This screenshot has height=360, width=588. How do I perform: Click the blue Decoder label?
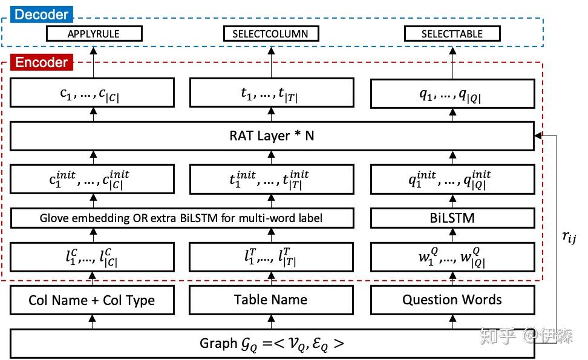point(42,14)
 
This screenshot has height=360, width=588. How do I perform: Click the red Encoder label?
point(41,62)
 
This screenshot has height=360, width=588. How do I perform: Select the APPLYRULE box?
point(94,34)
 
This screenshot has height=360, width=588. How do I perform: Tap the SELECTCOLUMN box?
point(270,34)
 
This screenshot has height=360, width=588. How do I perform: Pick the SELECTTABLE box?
point(452,34)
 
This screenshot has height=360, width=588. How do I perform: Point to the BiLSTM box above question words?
point(452,217)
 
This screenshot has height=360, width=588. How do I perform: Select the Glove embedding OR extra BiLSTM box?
point(182,217)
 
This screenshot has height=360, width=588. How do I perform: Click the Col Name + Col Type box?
point(92,300)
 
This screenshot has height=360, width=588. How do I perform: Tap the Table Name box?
point(270,300)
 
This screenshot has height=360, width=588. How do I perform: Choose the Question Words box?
point(452,300)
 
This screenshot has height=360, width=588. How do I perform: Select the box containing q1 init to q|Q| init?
point(452,178)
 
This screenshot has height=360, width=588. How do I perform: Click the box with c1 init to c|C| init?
point(92,178)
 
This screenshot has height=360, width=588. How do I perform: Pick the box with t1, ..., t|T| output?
point(270,94)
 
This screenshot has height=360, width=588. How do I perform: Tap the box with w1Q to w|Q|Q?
point(452,257)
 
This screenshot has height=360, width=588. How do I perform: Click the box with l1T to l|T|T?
point(270,257)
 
